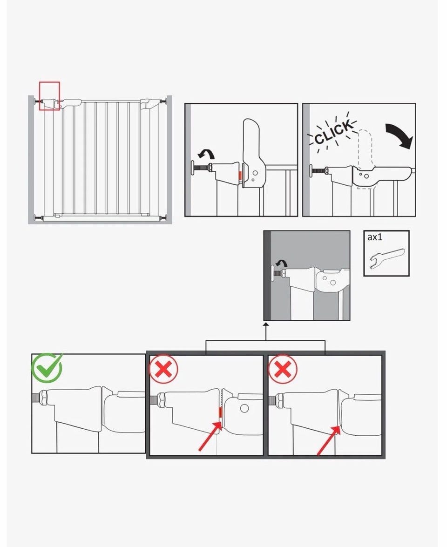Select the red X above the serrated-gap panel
[163, 369]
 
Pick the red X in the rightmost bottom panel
[283, 369]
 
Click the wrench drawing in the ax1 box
[386, 258]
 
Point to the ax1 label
[375, 237]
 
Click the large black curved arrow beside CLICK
[400, 135]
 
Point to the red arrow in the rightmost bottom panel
[329, 440]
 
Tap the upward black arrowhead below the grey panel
[265, 325]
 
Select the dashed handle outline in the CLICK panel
[365, 159]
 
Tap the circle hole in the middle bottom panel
[244, 408]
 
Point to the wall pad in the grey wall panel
[272, 274]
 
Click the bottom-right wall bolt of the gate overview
[163, 218]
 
